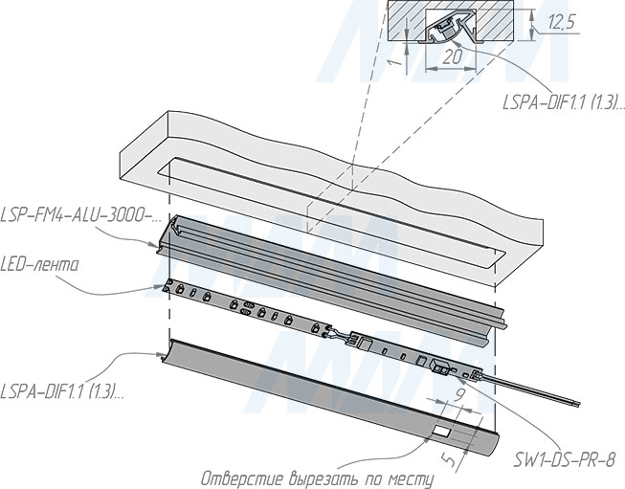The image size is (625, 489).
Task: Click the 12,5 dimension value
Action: coord(562,21)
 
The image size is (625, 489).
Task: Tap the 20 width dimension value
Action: coord(453,57)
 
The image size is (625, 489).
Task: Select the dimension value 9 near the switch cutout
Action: coord(459,394)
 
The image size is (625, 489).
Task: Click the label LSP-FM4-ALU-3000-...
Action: coord(80,215)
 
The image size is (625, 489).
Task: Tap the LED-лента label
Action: coord(39,265)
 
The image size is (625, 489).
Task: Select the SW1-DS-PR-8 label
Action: coord(564,460)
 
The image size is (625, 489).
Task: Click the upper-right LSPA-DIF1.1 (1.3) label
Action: coord(563,102)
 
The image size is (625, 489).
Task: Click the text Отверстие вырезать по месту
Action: coord(317,478)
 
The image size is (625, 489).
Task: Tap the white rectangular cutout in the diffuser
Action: coord(442,431)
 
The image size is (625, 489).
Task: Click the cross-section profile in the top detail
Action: coord(451,31)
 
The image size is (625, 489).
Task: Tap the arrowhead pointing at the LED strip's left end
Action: coord(160,286)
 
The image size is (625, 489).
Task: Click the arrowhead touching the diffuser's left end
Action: coord(160,354)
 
